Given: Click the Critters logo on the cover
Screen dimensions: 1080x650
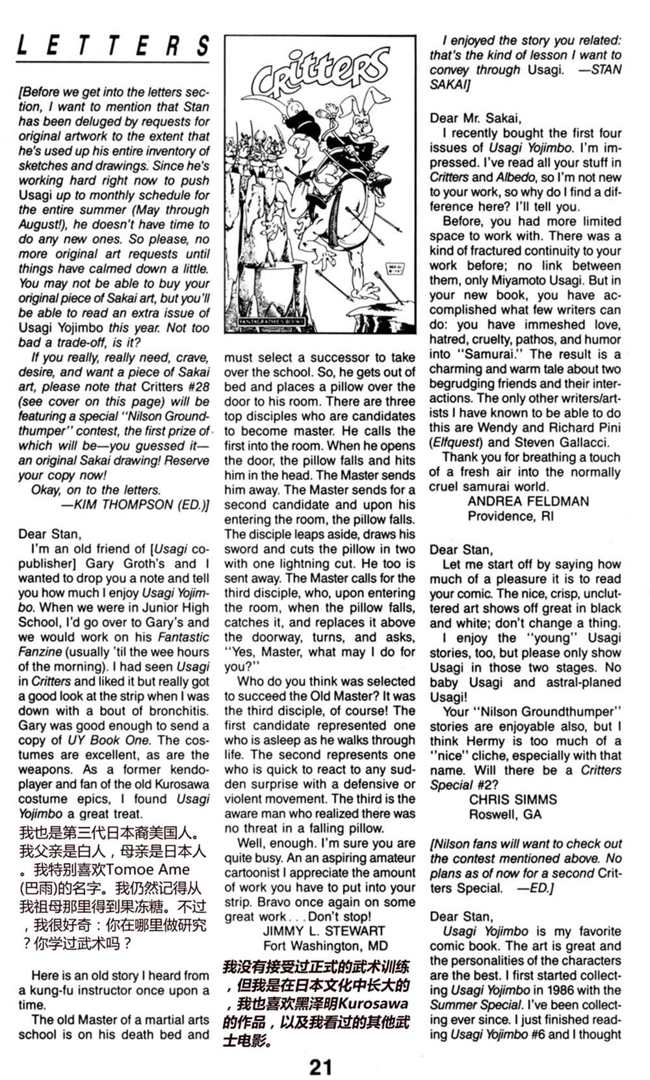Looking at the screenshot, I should [x=318, y=75].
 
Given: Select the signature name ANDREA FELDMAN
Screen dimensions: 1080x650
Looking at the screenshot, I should [x=528, y=501].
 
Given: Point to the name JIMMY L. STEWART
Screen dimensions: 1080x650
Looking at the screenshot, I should [x=324, y=931].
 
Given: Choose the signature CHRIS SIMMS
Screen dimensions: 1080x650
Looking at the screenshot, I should [x=513, y=799].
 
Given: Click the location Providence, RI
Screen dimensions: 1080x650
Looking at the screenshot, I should [x=510, y=516].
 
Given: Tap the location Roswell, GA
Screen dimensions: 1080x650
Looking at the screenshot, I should [x=505, y=814].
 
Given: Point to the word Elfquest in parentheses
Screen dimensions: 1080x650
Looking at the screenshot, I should [x=454, y=443].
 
